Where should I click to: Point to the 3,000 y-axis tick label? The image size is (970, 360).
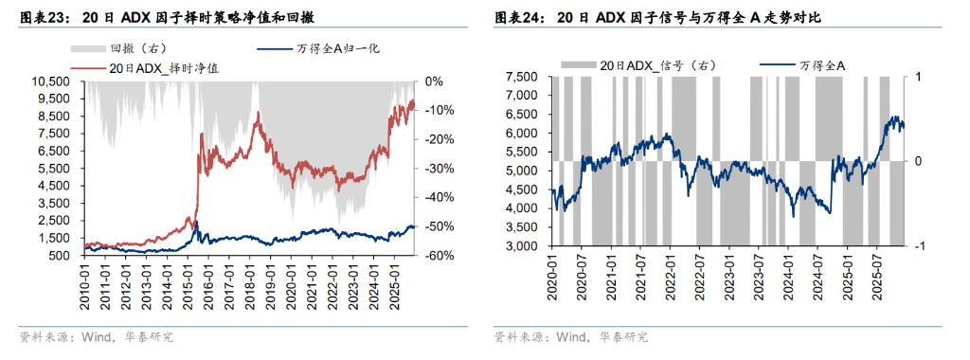coord(524,246)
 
